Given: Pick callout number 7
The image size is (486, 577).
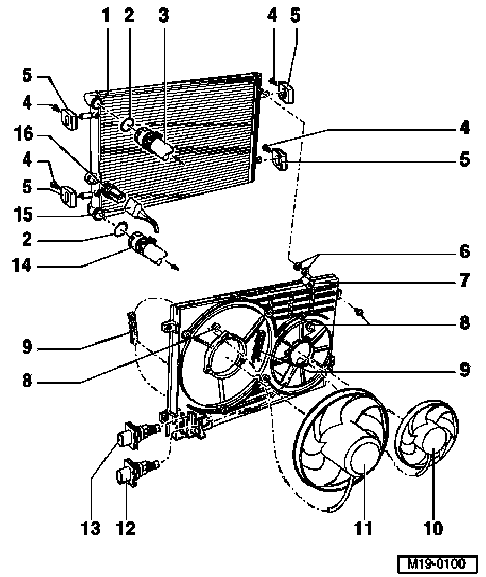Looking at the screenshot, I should (x=464, y=281).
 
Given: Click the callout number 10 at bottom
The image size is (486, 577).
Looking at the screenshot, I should (x=433, y=528).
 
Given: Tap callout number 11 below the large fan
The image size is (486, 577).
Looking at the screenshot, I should (x=364, y=528).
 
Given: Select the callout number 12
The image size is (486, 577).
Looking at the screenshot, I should (x=126, y=528).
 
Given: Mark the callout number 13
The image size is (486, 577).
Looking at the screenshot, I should (x=91, y=528).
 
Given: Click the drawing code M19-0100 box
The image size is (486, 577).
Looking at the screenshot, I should (x=437, y=564).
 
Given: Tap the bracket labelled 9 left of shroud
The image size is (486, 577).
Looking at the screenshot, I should (x=132, y=327).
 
